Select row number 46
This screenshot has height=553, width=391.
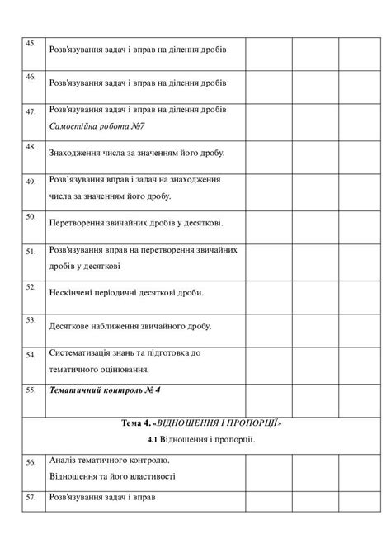(x=31, y=77)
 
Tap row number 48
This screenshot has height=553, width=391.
(x=31, y=147)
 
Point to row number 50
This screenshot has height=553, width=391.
(x=31, y=216)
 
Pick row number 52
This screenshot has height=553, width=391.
(x=31, y=286)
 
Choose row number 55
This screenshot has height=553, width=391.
(x=31, y=389)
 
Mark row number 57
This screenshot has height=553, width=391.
(x=31, y=498)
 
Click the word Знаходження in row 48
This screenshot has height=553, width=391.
(x=80, y=153)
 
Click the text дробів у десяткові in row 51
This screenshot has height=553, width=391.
(x=85, y=266)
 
